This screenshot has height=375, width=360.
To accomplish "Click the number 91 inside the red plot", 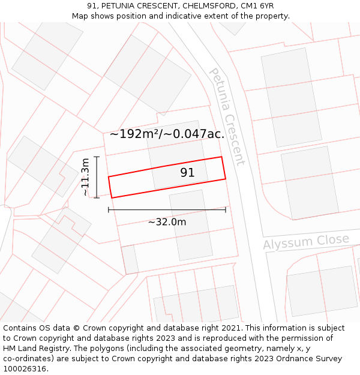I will coord(187,173).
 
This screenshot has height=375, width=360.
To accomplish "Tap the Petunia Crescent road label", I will coord(227,116).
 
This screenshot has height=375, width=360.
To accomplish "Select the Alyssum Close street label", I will coord(306,242).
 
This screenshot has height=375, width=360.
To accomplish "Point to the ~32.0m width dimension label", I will coord(167,222).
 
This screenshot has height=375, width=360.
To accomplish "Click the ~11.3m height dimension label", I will coord(85,177).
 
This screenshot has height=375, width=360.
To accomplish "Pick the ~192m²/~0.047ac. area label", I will coord(167,134).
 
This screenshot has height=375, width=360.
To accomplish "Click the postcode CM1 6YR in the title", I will coord(257,6).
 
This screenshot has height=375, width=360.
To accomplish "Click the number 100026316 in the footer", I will coord(24,369).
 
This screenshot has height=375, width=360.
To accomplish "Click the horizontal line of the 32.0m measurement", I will coord(167,209).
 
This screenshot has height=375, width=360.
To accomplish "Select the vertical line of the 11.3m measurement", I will coord(97,177).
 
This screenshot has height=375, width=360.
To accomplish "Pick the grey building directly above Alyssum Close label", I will coord(310,182).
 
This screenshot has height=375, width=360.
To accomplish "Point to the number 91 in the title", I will coord(92,6).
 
